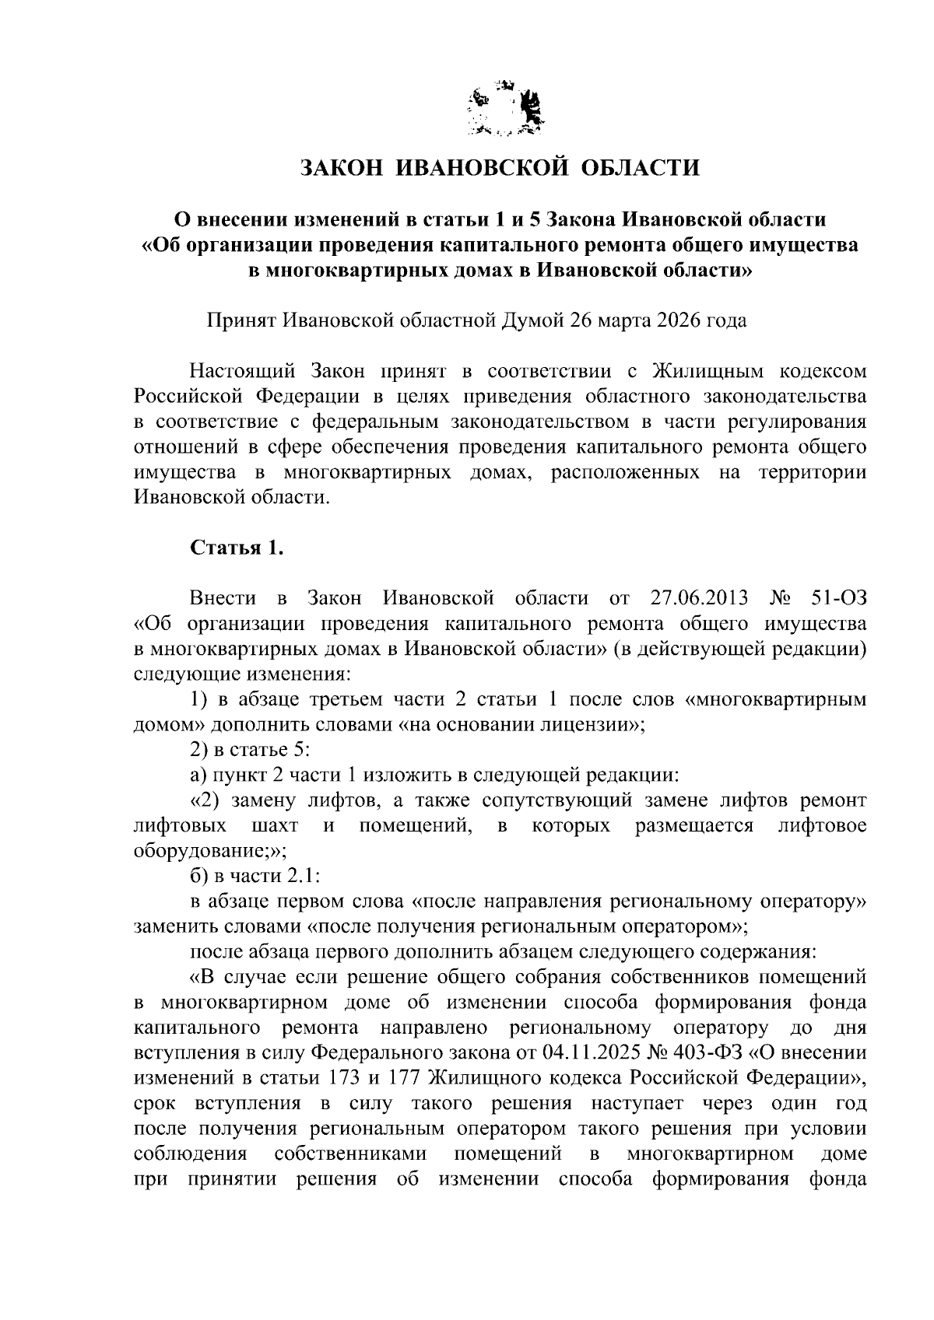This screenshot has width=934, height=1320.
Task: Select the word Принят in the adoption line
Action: tap(241, 320)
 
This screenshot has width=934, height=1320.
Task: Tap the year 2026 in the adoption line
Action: tap(677, 320)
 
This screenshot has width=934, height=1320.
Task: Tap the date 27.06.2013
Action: tap(697, 598)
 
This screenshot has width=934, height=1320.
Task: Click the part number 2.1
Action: tap(301, 876)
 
